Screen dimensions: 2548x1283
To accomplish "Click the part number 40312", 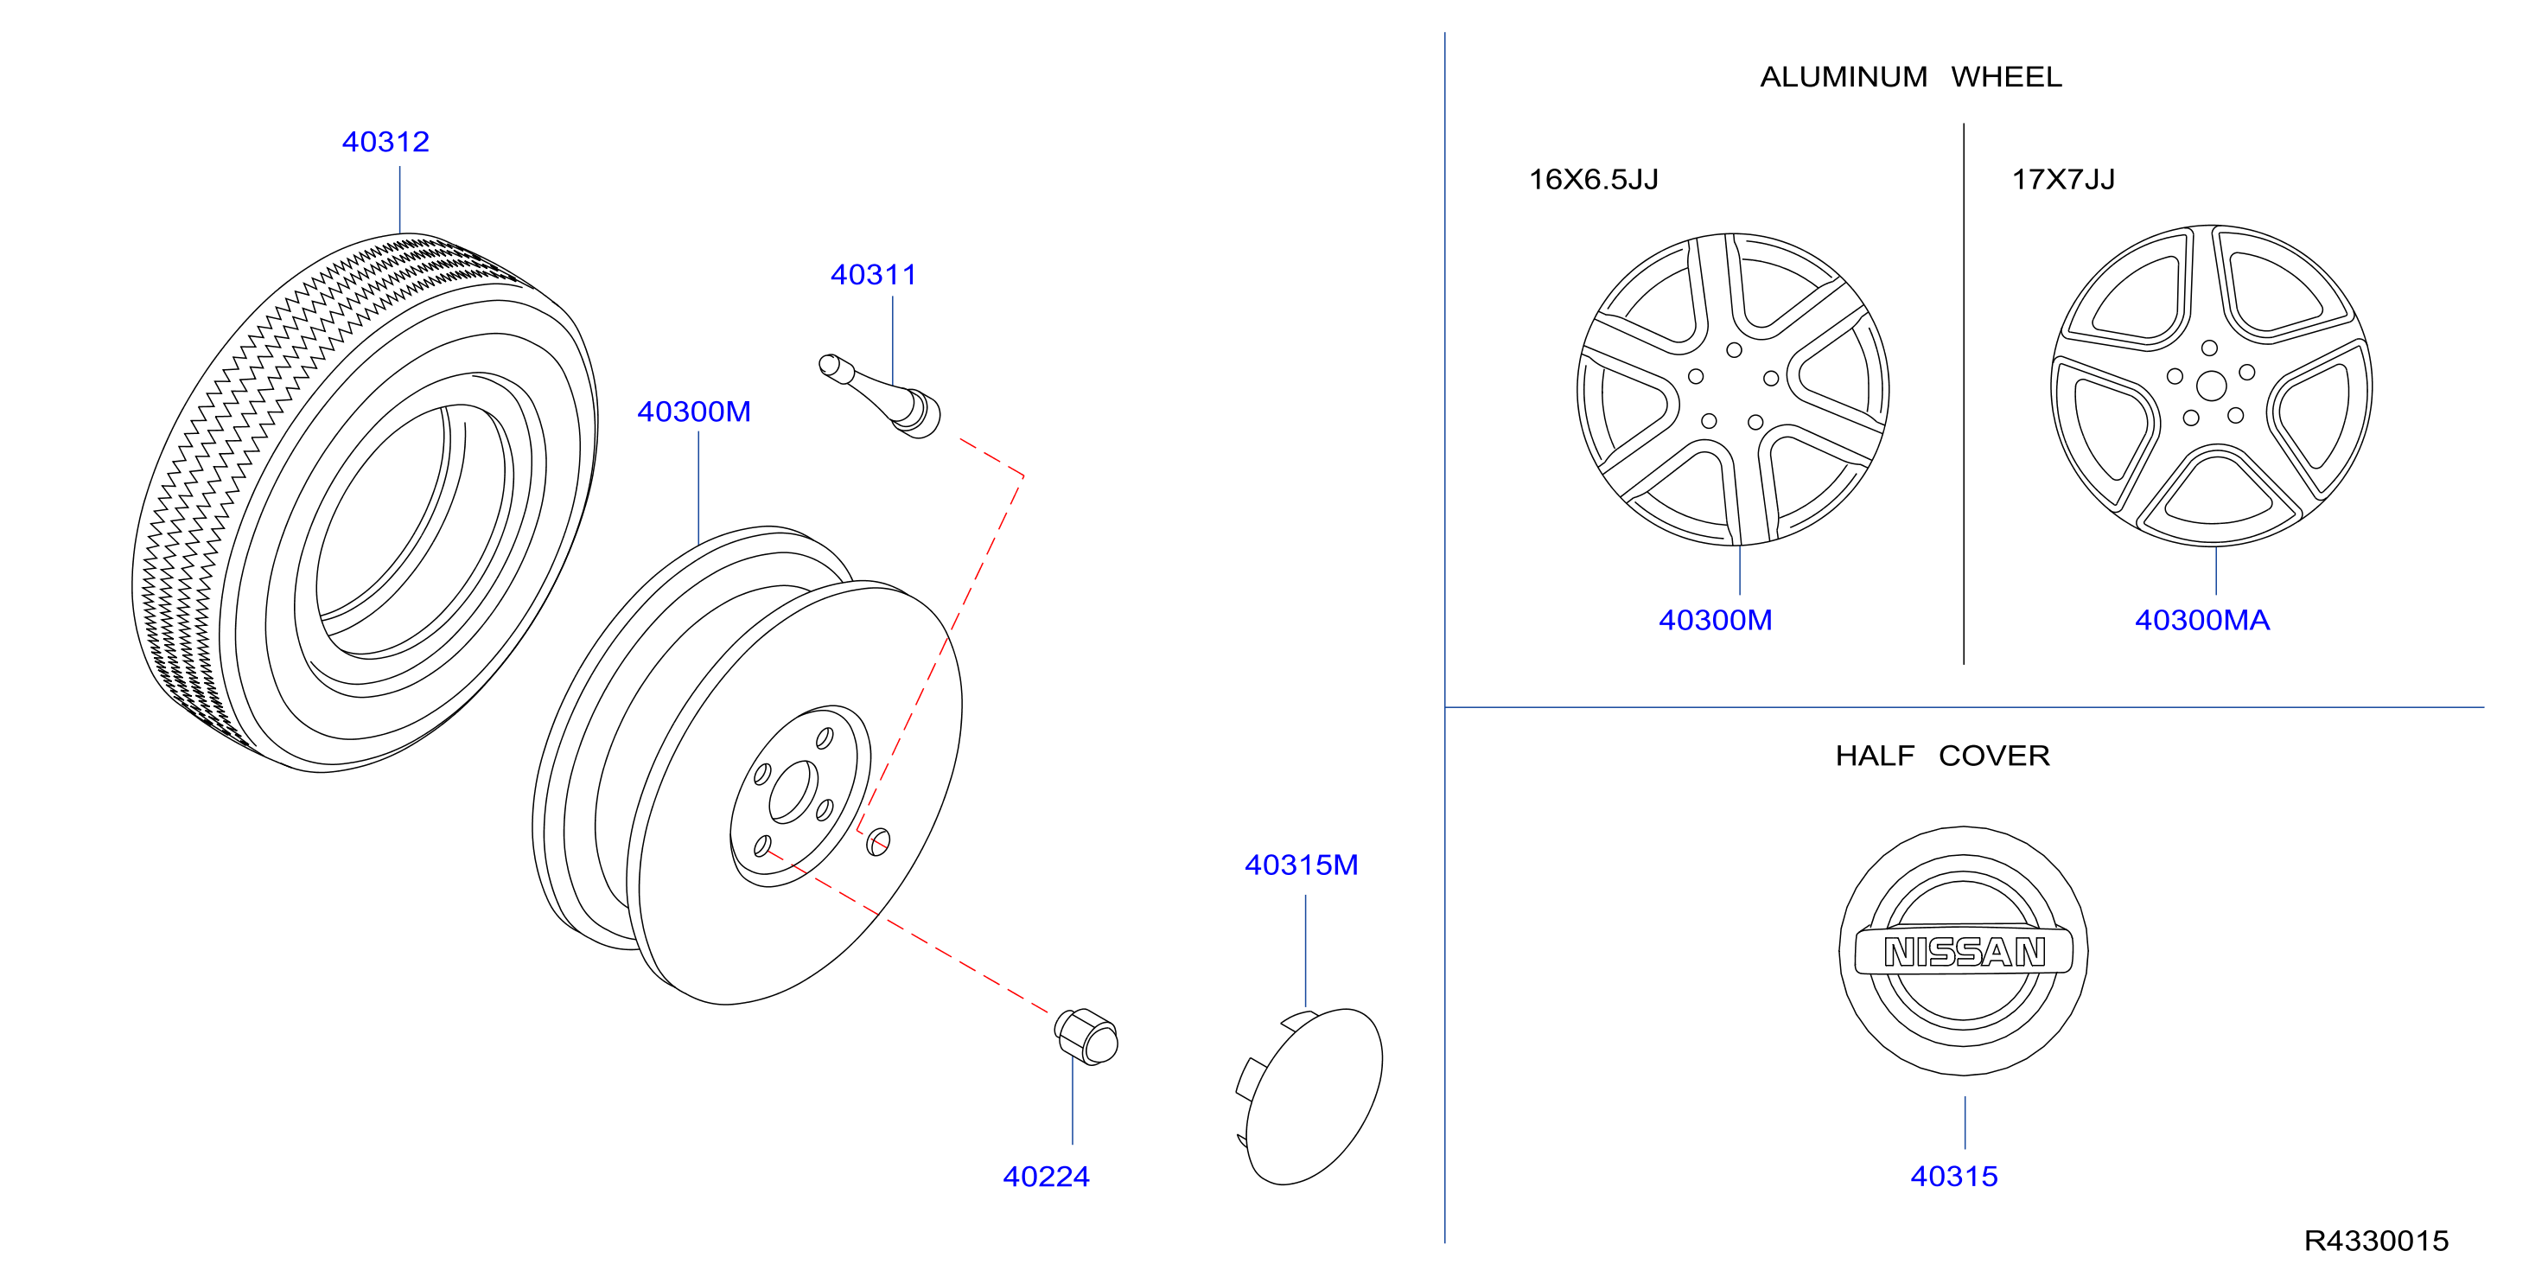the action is [385, 143].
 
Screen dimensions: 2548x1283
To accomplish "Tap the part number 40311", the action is [874, 275].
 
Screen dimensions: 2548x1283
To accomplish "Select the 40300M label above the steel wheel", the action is [694, 412].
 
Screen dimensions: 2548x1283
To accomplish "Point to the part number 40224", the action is [1047, 1178].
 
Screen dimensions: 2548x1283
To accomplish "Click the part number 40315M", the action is [1302, 865].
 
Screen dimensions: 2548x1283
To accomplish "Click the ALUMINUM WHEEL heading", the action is [1911, 77].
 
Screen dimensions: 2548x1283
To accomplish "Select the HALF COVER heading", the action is [1943, 756].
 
